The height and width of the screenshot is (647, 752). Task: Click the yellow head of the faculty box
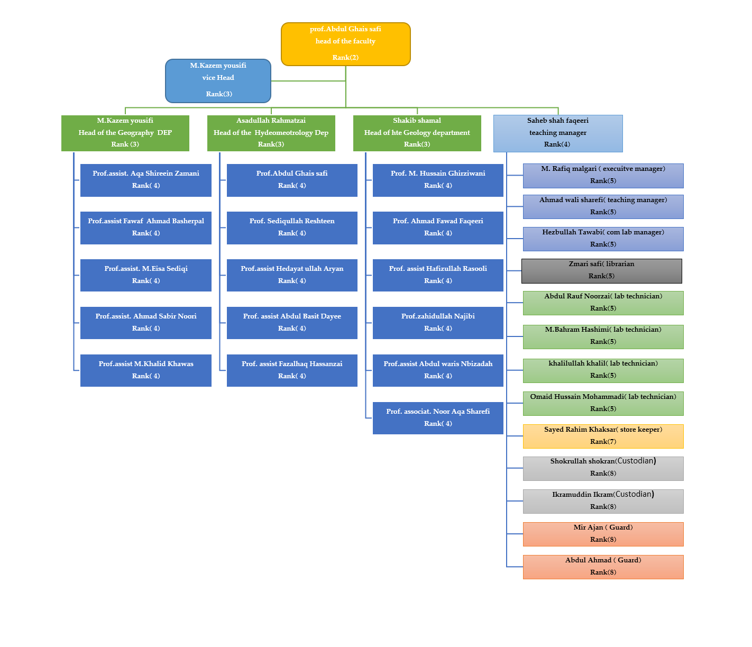tap(345, 43)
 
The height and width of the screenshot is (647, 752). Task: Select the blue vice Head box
tap(218, 80)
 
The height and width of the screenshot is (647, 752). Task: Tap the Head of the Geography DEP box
tap(125, 133)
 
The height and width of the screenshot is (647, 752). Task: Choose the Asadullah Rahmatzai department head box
tap(271, 133)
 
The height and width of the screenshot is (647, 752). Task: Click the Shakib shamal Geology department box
tap(417, 133)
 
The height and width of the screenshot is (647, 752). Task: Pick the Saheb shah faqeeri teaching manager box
tap(558, 133)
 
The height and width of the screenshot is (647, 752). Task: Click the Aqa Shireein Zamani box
tap(146, 180)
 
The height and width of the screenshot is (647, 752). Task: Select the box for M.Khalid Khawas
tap(146, 370)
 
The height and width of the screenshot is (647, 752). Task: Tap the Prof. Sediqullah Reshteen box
tap(292, 227)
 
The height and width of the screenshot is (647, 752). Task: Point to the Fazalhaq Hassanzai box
tap(292, 370)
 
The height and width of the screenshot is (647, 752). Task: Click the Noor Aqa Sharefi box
tap(438, 418)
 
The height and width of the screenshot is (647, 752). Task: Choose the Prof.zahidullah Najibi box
tap(438, 323)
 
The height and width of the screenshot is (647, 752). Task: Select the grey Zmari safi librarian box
tap(602, 270)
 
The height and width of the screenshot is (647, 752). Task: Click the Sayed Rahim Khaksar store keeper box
tap(603, 436)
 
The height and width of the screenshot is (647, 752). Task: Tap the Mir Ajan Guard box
tap(603, 534)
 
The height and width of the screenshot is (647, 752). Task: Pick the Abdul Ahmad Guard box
tap(603, 567)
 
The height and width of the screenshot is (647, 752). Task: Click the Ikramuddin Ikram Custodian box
tap(603, 501)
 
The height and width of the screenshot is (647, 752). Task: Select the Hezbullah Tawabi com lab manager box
tap(603, 239)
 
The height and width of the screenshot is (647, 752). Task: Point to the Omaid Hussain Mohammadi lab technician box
tap(603, 403)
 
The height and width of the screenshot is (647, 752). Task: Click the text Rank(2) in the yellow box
tap(345, 58)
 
